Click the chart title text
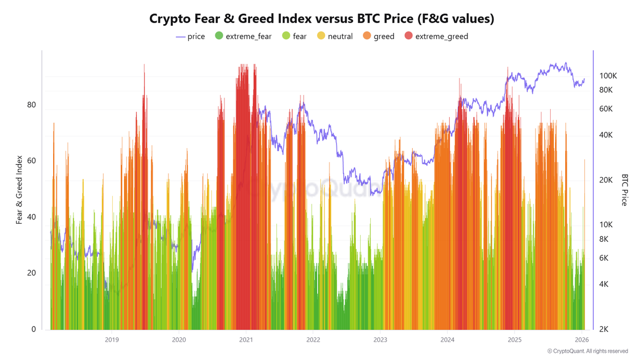(321, 18)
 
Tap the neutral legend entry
(340, 36)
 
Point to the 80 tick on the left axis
(32, 105)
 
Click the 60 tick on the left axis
(32, 161)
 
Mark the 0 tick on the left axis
(34, 329)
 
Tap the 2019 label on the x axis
(112, 339)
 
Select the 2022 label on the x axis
(313, 339)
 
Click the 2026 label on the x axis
(582, 339)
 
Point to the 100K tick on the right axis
(608, 76)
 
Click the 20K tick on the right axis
(606, 180)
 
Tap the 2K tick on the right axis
(604, 329)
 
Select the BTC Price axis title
(625, 189)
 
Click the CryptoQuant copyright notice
(587, 351)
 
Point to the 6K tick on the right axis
(604, 258)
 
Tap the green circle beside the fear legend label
(286, 36)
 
